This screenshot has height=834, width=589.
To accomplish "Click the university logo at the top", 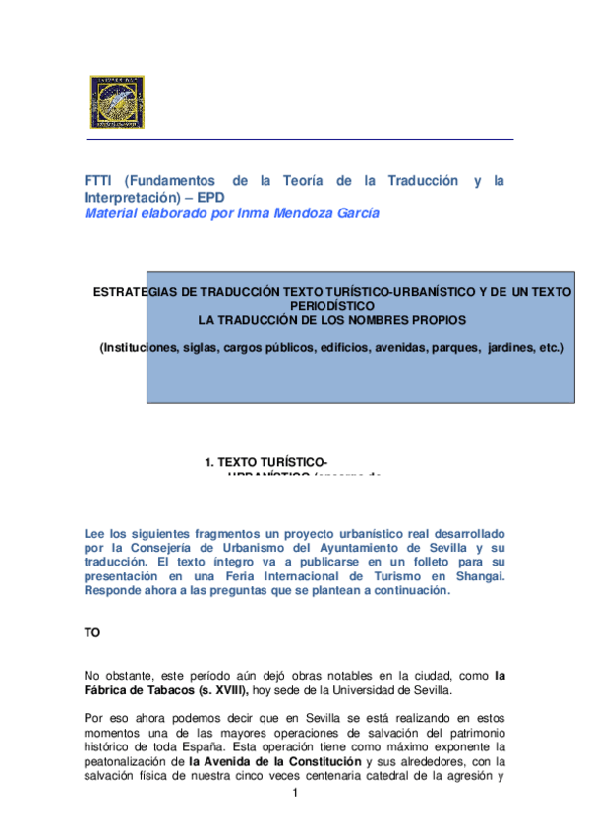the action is pyautogui.click(x=119, y=102).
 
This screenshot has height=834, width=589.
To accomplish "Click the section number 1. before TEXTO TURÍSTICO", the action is pyautogui.click(x=209, y=461).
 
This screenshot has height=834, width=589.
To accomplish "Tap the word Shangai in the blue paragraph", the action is pyautogui.click(x=479, y=576).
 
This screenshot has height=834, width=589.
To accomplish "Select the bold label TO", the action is pyautogui.click(x=92, y=633).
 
